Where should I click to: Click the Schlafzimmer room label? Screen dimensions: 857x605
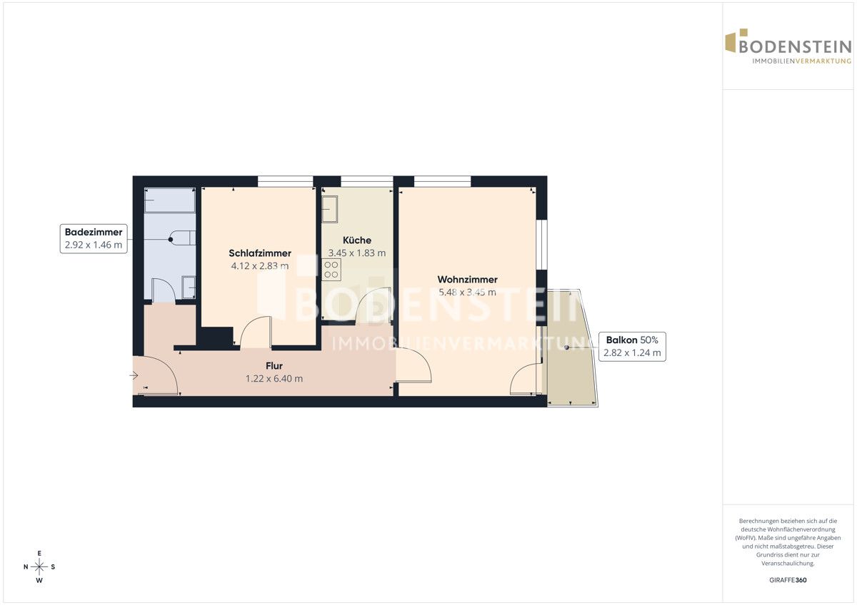(x=260, y=253)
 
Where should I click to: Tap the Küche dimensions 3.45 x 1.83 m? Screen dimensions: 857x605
(x=356, y=253)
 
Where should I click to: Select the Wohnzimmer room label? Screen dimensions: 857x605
(x=467, y=280)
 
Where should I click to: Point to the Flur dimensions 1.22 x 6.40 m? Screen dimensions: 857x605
(x=274, y=378)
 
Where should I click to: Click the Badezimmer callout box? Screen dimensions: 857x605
(x=94, y=238)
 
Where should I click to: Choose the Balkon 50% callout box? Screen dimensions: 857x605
(x=632, y=346)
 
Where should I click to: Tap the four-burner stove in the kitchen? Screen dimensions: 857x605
(x=331, y=270)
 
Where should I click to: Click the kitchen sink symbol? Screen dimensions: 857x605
(x=329, y=209)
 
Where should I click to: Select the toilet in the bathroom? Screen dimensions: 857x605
(x=182, y=238)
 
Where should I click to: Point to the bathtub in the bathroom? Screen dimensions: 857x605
(x=170, y=200)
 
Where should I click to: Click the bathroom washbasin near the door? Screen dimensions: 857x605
(x=189, y=288)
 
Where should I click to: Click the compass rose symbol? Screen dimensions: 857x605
(x=39, y=566)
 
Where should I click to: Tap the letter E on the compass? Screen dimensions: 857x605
(x=39, y=553)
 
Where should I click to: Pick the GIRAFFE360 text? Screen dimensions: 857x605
(x=788, y=580)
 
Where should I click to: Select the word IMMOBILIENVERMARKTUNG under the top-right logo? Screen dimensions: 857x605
(x=801, y=61)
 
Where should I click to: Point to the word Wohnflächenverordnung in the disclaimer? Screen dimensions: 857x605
(x=788, y=529)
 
